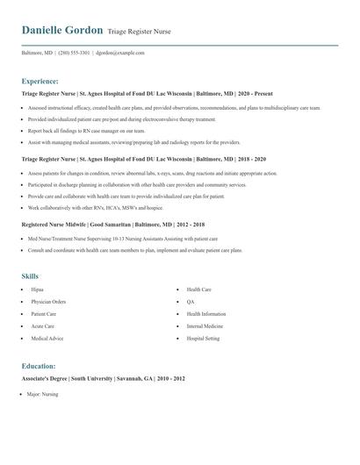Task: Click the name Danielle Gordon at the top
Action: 61,30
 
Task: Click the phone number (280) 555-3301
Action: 75,53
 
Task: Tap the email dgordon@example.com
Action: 120,53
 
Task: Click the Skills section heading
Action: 30,276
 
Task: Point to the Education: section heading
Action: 39,366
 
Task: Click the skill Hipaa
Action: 37,290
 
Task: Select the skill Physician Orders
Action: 48,302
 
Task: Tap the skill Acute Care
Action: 43,326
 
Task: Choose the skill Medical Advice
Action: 47,339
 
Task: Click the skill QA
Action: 191,302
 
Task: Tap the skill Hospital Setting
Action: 202,339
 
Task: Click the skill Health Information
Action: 205,314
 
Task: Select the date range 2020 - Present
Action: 255,92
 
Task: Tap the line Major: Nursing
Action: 42,395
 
